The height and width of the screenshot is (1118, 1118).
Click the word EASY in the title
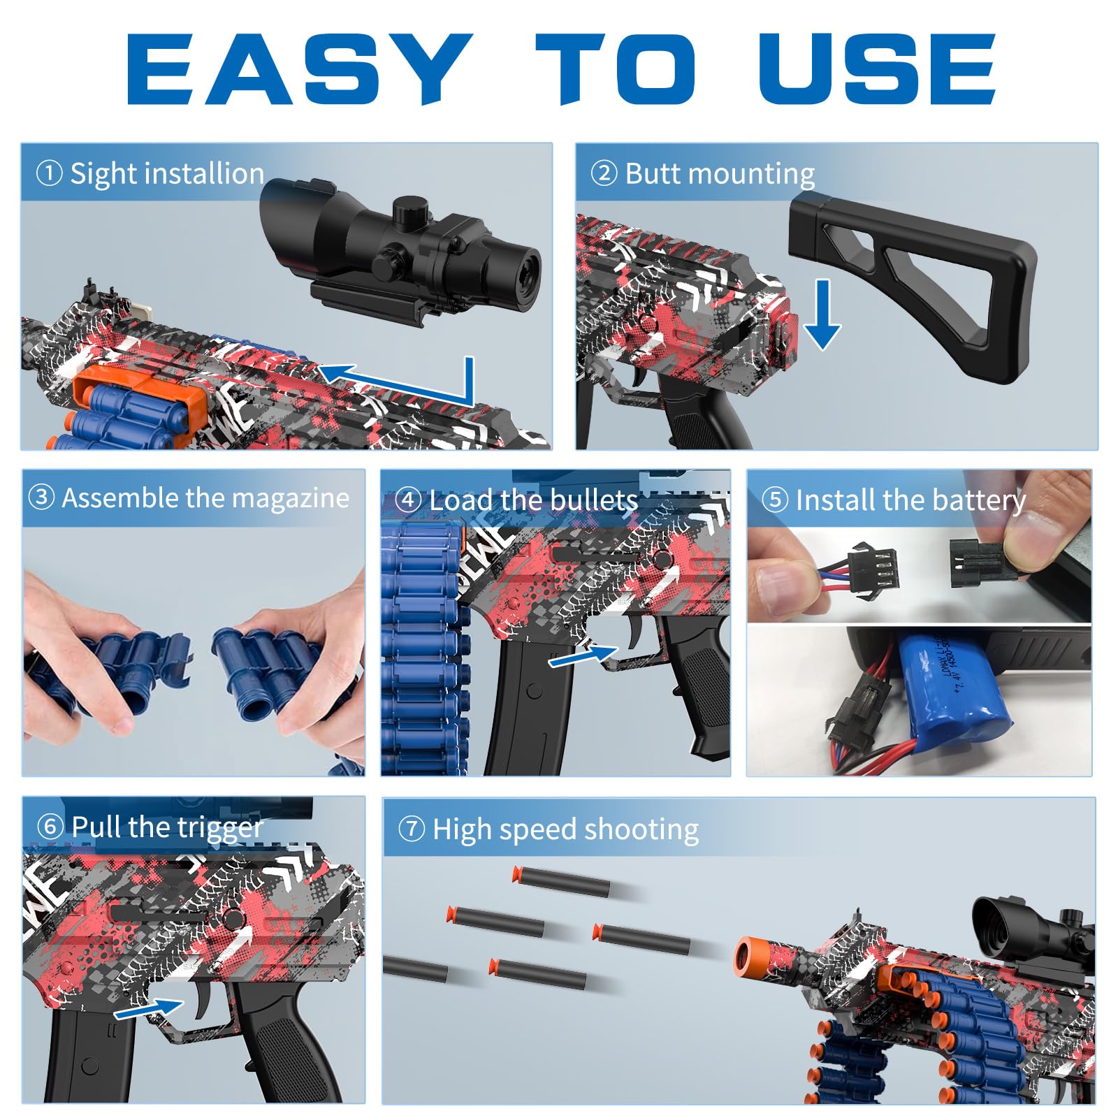coord(299,68)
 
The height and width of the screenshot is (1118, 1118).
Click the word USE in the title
coord(878,68)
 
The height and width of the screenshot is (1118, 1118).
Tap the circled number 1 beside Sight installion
coord(49,173)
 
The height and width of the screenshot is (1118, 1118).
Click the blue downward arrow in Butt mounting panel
coord(822,314)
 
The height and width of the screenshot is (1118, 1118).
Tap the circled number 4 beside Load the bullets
coord(408,500)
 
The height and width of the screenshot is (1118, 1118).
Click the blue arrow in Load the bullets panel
coord(583,655)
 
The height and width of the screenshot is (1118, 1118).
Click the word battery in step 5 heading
coord(978,500)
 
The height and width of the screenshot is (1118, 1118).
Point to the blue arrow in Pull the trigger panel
coord(148,1009)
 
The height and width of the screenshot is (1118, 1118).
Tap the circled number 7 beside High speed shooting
coord(412,829)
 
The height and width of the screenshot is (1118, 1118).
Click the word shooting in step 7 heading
coord(641,830)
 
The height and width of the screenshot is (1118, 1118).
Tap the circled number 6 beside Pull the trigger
coord(50,827)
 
